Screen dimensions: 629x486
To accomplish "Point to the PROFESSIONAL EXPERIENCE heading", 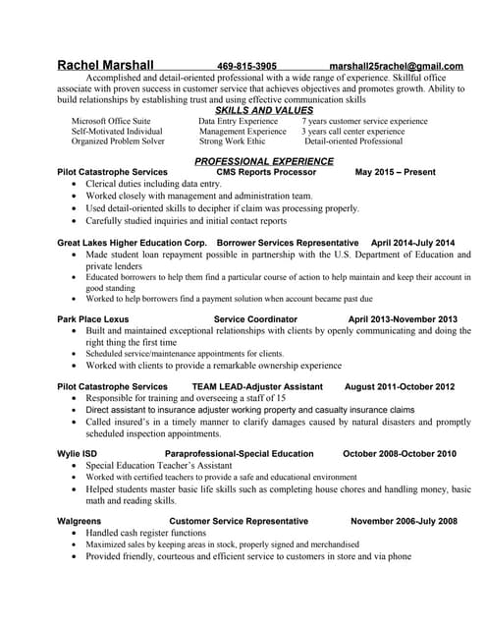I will click(x=264, y=160).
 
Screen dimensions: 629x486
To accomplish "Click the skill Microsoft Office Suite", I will click(x=111, y=121).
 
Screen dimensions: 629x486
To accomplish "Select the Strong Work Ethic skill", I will click(x=232, y=141).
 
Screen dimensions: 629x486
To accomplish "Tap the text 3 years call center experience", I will click(x=352, y=131).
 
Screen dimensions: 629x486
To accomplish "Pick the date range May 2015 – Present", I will click(x=395, y=172).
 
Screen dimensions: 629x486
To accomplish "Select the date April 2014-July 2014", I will click(x=412, y=242).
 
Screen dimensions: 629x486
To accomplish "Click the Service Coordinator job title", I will click(x=255, y=319).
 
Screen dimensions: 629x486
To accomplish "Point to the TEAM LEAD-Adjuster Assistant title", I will click(x=257, y=386).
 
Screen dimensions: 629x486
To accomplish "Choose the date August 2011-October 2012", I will click(x=400, y=386).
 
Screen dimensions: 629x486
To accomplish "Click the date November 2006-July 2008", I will click(x=404, y=521).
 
